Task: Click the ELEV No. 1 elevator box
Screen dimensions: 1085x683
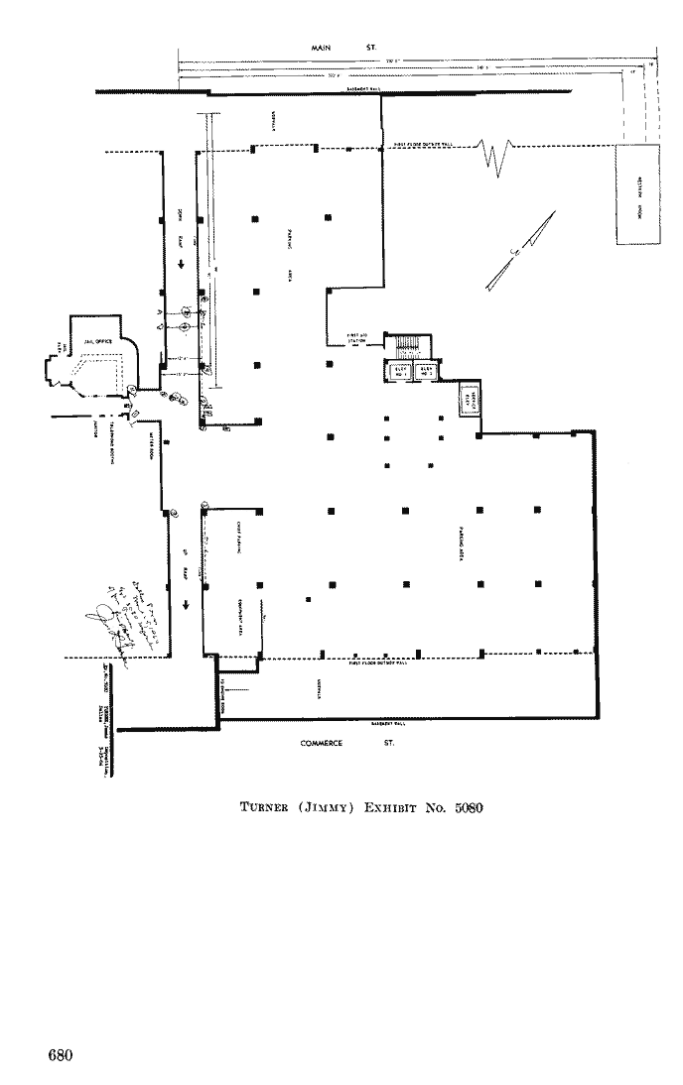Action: coord(401,372)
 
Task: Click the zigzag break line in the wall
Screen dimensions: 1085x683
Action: coord(493,154)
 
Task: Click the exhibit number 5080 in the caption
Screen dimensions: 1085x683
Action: coord(462,806)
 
